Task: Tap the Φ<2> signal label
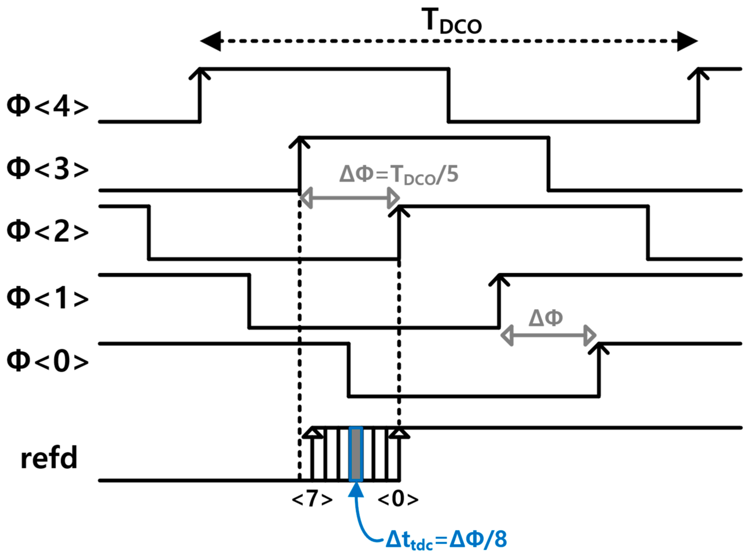click(48, 231)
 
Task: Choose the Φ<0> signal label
click(48, 361)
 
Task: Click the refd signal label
click(49, 458)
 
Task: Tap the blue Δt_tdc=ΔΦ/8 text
click(446, 539)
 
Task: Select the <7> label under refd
click(312, 499)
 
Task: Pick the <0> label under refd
click(398, 499)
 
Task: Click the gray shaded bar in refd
click(356, 454)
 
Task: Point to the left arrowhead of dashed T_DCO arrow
click(211, 41)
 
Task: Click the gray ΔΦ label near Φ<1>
click(546, 317)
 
